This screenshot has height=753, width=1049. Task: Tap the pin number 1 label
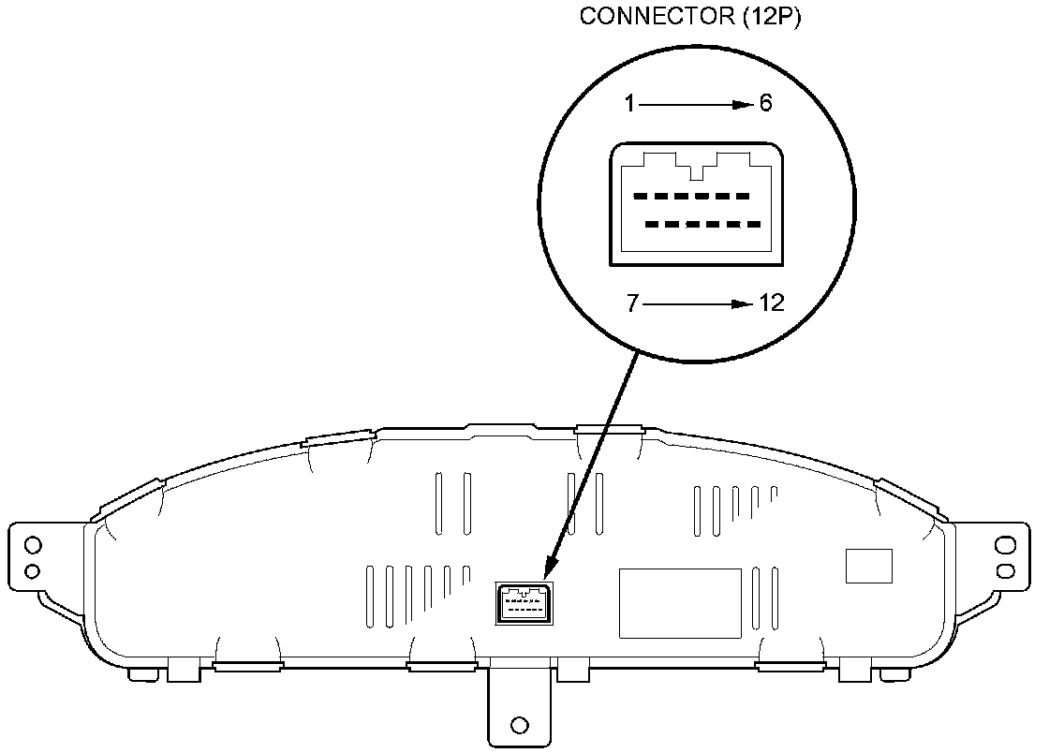[x=630, y=104]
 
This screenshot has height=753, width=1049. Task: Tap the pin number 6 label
[x=765, y=104]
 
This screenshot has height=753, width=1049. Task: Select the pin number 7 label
[x=633, y=304]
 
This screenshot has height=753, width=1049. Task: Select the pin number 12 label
[x=772, y=304]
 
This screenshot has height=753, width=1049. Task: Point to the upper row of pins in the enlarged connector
[x=691, y=197]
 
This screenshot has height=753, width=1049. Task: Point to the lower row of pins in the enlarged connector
[x=703, y=225]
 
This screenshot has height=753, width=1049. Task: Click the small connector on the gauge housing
[x=523, y=602]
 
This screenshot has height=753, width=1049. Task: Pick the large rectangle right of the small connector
[x=681, y=603]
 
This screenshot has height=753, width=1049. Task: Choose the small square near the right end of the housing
[x=869, y=566]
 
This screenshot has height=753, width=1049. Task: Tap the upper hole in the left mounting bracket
[x=33, y=545]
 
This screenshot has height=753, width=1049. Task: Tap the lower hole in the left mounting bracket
[x=33, y=569]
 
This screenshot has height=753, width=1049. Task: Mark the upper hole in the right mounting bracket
[x=1006, y=545]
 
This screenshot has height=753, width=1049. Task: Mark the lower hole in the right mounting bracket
[x=1006, y=569]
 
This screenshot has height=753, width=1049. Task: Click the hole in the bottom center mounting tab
[x=520, y=725]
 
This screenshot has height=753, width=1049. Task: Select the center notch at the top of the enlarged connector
[x=696, y=172]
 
